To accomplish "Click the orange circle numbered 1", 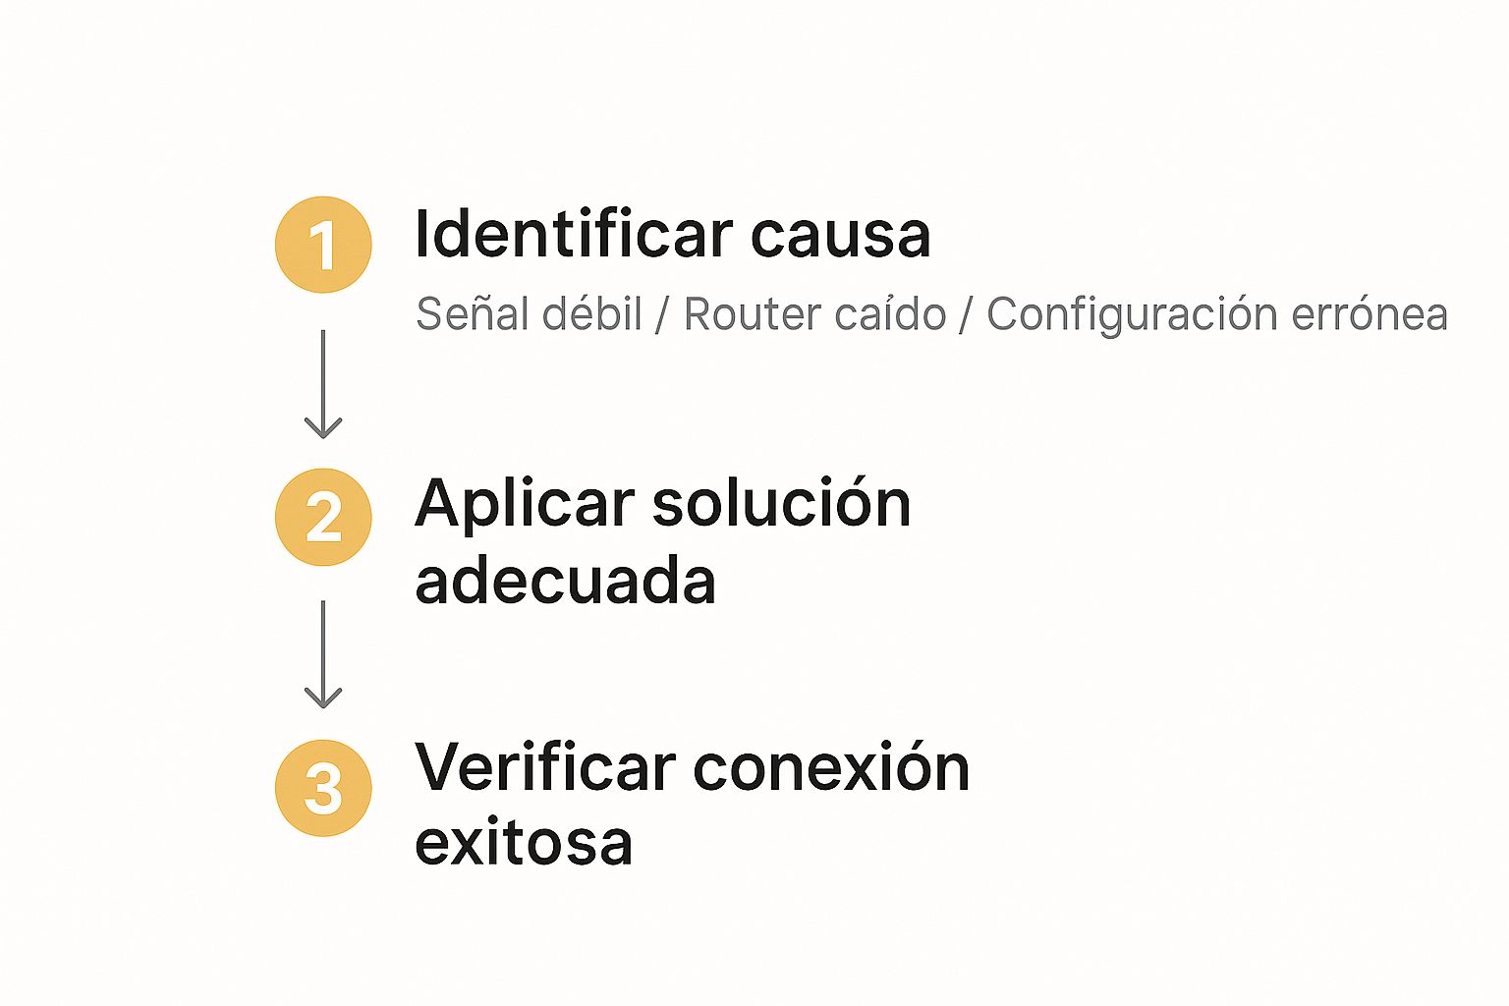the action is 323,245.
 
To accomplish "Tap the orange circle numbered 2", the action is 323,517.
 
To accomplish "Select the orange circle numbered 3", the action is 323,788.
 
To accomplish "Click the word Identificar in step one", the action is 574,234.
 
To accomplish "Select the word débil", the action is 591,313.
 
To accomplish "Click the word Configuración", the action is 1132,314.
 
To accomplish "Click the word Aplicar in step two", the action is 525,505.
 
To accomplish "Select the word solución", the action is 781,502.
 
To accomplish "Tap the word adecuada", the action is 565,581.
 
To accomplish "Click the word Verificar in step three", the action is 545,766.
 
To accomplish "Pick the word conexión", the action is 831,766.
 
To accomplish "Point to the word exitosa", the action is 524,842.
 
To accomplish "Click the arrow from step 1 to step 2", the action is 323,384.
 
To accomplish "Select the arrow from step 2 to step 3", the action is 323,654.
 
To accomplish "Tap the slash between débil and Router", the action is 661,314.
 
